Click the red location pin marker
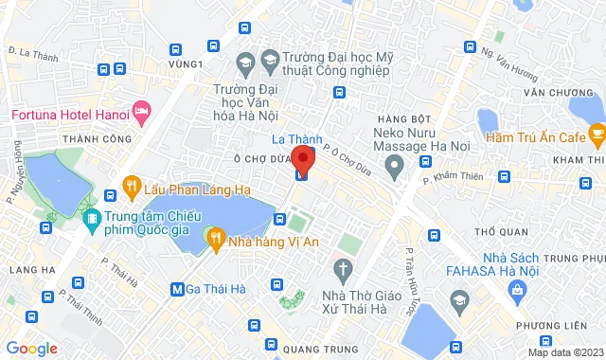tap(301, 157)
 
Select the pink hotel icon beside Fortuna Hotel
tap(142, 115)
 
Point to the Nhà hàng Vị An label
tap(272, 241)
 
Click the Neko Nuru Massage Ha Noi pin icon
tap(396, 165)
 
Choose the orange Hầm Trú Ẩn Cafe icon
tap(597, 138)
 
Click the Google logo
tap(31, 348)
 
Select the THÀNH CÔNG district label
tap(93, 140)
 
